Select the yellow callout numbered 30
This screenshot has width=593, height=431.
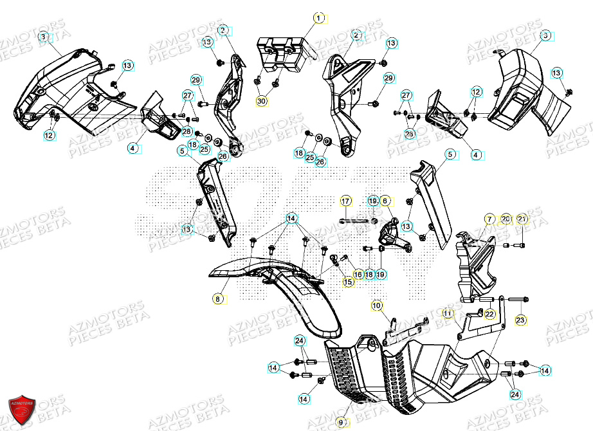click(x=260, y=101)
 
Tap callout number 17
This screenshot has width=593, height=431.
click(x=345, y=201)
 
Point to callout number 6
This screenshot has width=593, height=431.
click(x=385, y=201)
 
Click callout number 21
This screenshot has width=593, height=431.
click(x=522, y=219)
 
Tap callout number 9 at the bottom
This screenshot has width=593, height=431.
click(x=342, y=423)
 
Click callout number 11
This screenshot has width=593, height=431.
click(x=448, y=313)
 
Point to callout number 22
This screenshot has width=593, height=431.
click(x=490, y=314)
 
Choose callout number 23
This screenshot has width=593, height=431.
click(x=520, y=320)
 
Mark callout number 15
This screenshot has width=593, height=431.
click(x=348, y=282)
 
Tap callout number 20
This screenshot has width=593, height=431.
click(x=505, y=219)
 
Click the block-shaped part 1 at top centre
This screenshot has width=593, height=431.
click(x=282, y=55)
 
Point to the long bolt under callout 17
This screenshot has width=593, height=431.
click(x=354, y=223)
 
